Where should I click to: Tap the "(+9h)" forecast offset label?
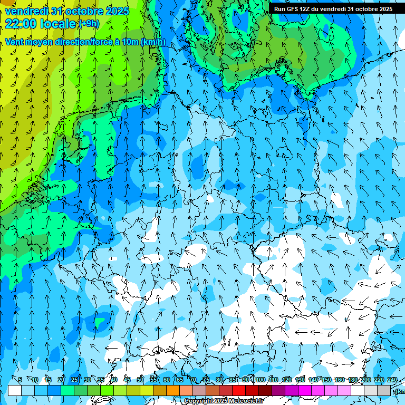[88, 23]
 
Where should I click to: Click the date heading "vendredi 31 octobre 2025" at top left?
[66, 11]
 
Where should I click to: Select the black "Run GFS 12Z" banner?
[333, 8]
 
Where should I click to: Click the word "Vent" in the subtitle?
[16, 42]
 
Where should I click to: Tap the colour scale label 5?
[20, 380]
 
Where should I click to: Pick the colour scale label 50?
[140, 380]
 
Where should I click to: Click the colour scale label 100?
[260, 380]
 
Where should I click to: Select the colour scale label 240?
[392, 380]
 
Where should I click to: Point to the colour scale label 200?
[365, 380]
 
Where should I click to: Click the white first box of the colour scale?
[15, 390]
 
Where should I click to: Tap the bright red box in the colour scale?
[239, 390]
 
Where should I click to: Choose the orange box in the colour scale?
[173, 390]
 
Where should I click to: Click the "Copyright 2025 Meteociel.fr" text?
[224, 401]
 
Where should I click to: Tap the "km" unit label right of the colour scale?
[400, 391]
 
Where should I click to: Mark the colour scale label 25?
[74, 380]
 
